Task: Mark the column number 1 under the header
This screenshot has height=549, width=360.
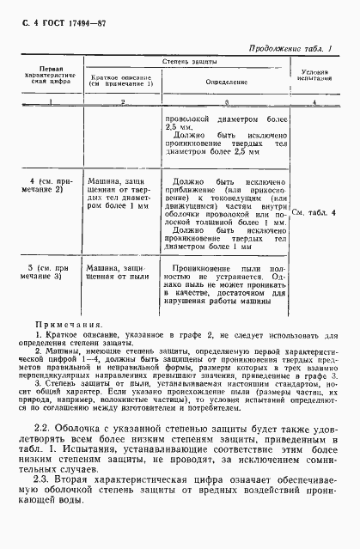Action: click(36, 102)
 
